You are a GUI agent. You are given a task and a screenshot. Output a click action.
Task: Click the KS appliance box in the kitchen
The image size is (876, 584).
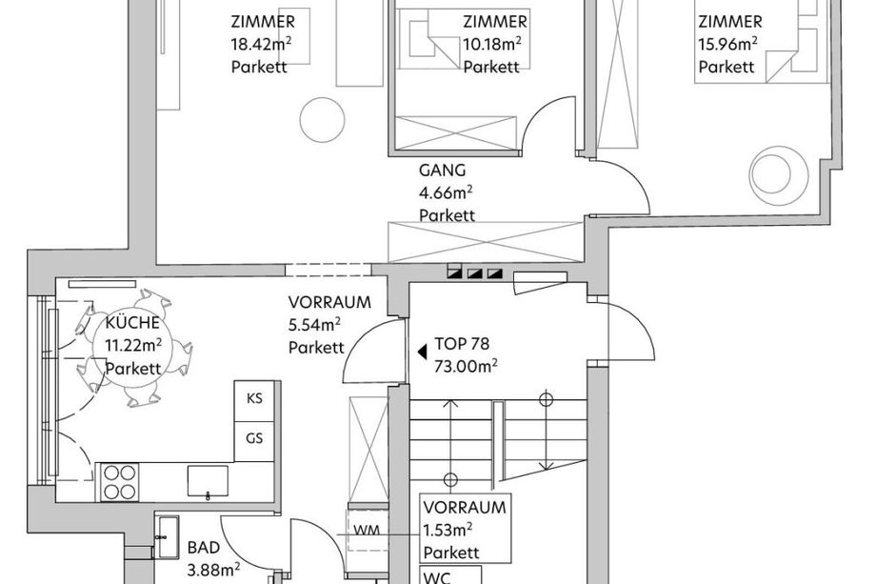pyautogui.click(x=254, y=401)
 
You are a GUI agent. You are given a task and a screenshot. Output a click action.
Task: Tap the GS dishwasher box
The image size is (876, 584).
pyautogui.click(x=254, y=441)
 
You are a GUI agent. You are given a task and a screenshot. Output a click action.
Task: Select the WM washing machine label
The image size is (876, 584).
pyautogui.click(x=367, y=530)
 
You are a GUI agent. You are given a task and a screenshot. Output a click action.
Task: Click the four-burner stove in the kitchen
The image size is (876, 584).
pyautogui.click(x=120, y=482)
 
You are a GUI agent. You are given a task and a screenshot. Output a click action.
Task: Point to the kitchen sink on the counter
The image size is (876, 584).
pyautogui.click(x=208, y=481)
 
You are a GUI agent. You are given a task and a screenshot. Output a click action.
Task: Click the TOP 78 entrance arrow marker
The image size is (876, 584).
pyautogui.click(x=423, y=352)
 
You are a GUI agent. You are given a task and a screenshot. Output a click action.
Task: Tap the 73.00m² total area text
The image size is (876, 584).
pyautogui.click(x=466, y=367)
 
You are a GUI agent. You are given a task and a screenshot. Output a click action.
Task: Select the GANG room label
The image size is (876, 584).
pyautogui.click(x=442, y=170)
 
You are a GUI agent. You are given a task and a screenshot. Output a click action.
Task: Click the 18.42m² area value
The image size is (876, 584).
pyautogui.click(x=262, y=44)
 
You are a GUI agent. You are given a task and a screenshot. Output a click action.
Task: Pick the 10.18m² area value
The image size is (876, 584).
pyautogui.click(x=493, y=44)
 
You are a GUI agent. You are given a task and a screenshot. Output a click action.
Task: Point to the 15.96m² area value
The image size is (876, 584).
pyautogui.click(x=728, y=44)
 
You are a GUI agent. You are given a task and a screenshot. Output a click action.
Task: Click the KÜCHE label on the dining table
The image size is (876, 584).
pyautogui.click(x=132, y=323)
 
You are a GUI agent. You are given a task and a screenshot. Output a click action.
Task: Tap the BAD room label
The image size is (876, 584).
pyautogui.click(x=204, y=548)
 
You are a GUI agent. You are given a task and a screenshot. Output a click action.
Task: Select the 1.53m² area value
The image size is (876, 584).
pyautogui.click(x=448, y=530)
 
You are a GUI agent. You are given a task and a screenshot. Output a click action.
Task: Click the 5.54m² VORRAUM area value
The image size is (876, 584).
pyautogui.click(x=314, y=325)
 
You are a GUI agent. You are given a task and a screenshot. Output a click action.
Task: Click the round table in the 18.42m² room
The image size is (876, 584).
pyautogui.click(x=322, y=120)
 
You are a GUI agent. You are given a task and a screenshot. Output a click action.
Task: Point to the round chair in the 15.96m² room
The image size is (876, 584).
pyautogui.click(x=778, y=172)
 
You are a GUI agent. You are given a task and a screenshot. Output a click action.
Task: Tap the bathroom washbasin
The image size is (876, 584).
pyautogui.click(x=167, y=537)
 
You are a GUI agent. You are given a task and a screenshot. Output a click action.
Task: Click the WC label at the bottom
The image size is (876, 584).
pyautogui.click(x=438, y=577)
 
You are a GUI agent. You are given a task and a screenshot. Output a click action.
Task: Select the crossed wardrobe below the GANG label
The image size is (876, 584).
pyautogui.click(x=486, y=242)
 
